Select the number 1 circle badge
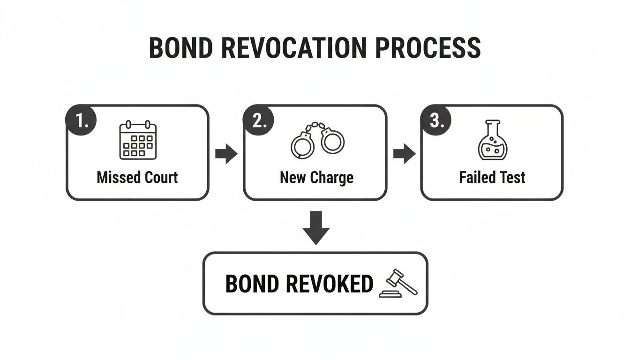82,121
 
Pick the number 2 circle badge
259,121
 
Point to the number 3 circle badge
436,121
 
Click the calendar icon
137,140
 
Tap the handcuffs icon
317,141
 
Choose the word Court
160,178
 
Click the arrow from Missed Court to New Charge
226,154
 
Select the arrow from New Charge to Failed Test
404,154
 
